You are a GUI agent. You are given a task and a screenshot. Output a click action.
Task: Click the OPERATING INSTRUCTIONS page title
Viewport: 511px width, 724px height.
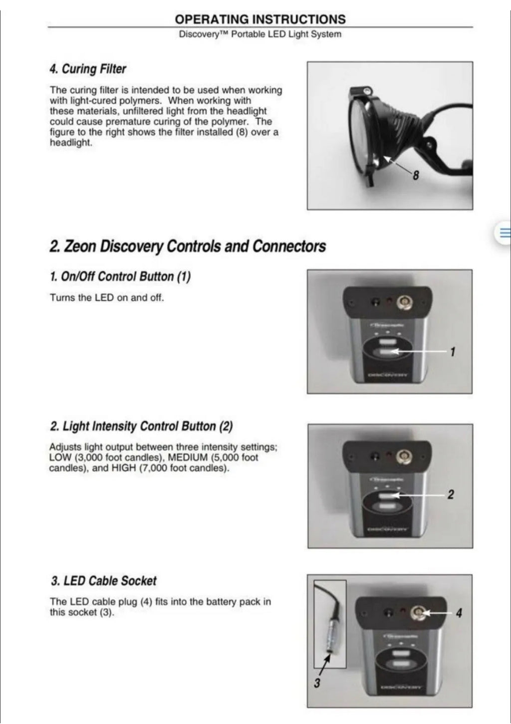pyautogui.click(x=260, y=19)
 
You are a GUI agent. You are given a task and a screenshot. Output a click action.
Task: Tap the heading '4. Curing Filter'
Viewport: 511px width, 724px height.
pyautogui.click(x=88, y=69)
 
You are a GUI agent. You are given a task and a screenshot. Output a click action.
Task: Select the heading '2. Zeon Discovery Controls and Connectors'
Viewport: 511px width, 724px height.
pyautogui.click(x=188, y=246)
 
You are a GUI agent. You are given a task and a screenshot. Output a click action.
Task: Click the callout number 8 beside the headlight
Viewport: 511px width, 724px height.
pyautogui.click(x=416, y=175)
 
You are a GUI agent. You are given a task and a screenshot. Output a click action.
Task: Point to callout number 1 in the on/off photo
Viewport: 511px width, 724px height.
pyautogui.click(x=453, y=352)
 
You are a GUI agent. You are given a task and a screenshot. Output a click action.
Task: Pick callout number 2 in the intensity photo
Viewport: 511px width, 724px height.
pyautogui.click(x=451, y=494)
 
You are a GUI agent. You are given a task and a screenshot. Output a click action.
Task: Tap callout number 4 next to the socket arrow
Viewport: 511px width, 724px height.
pyautogui.click(x=459, y=612)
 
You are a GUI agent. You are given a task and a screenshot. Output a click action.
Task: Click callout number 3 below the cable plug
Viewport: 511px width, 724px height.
pyautogui.click(x=317, y=683)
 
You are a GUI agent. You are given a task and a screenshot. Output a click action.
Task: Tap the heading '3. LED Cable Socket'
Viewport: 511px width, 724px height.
pyautogui.click(x=104, y=581)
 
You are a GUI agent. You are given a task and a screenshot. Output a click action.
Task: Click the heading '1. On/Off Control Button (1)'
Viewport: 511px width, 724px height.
pyautogui.click(x=120, y=276)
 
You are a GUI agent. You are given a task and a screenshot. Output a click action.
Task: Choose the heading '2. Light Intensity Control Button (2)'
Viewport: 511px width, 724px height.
pyautogui.click(x=141, y=426)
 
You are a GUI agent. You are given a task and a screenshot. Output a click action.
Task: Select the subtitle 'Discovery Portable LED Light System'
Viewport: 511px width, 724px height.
pyautogui.click(x=260, y=34)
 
